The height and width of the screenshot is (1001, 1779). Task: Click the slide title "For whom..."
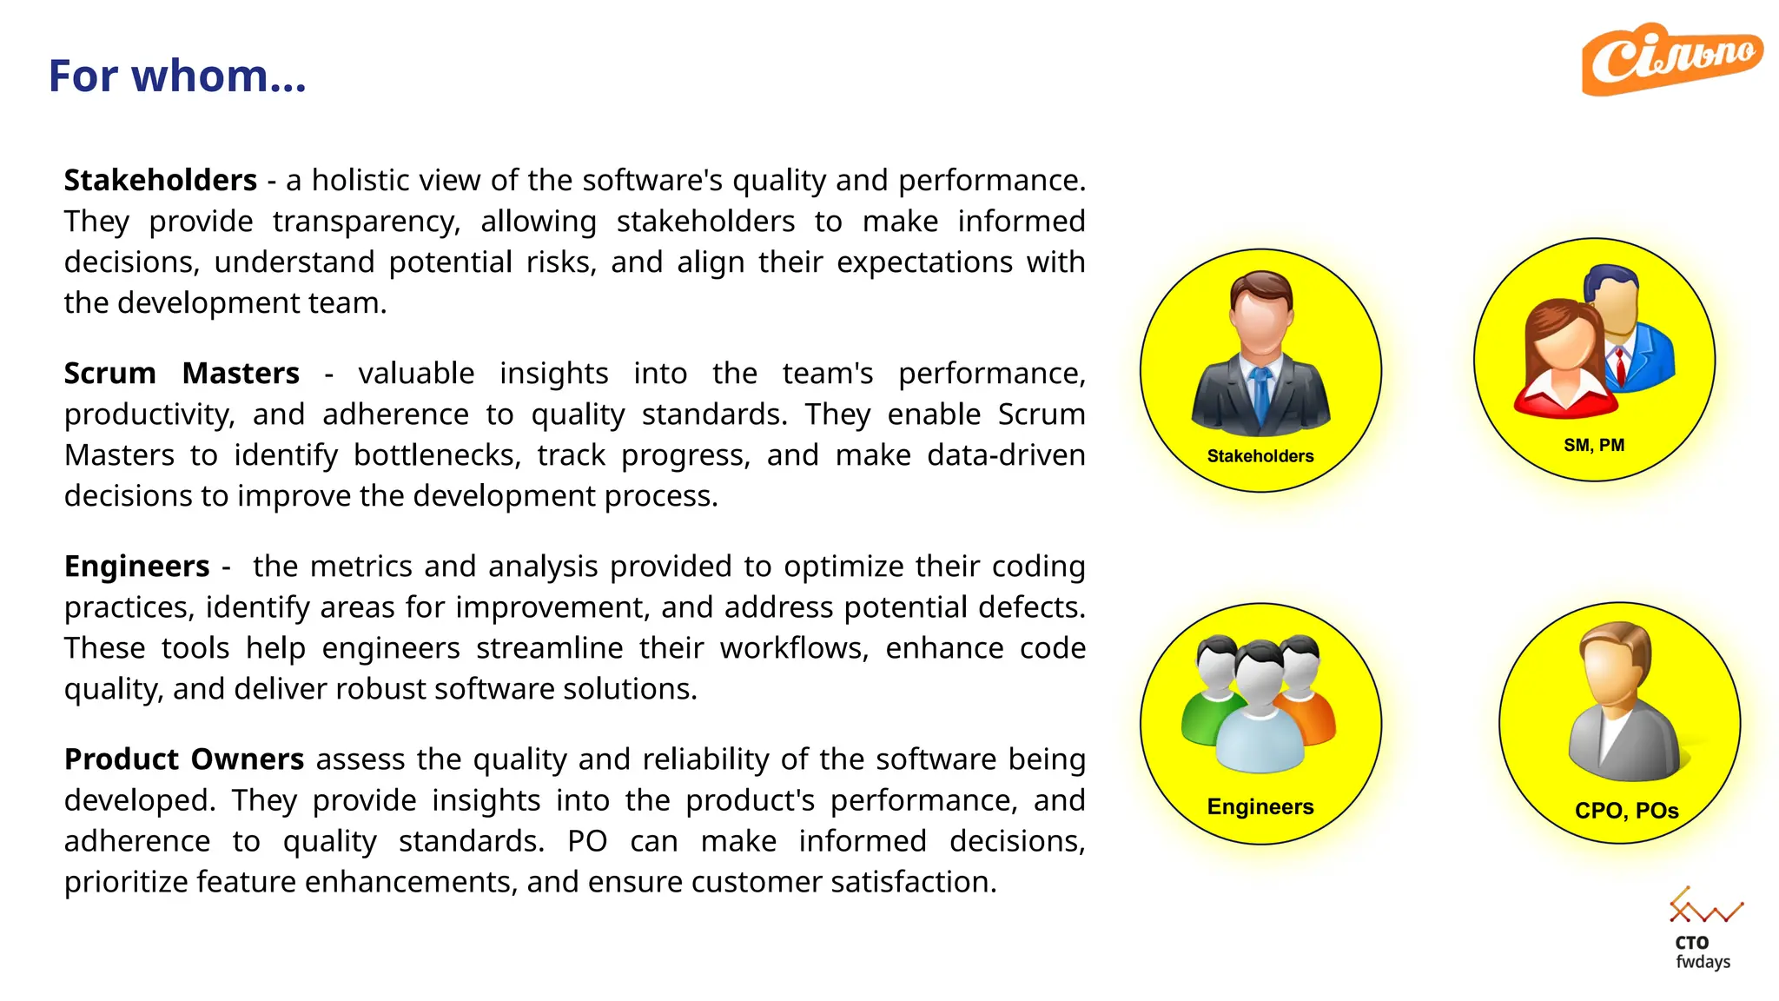(x=177, y=76)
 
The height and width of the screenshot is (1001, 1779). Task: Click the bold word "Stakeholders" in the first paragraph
(x=161, y=180)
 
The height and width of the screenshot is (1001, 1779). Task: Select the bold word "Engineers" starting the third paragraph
(x=137, y=566)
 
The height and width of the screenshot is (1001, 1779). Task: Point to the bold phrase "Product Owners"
(x=184, y=759)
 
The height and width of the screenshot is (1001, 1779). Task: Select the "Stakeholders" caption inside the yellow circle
(x=1260, y=456)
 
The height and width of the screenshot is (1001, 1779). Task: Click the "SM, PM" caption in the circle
(x=1594, y=445)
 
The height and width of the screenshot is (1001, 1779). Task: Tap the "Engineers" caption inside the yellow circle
(x=1260, y=806)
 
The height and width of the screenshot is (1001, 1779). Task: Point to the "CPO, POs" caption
(x=1626, y=810)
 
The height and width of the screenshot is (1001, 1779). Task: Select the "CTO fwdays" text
(x=1702, y=952)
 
